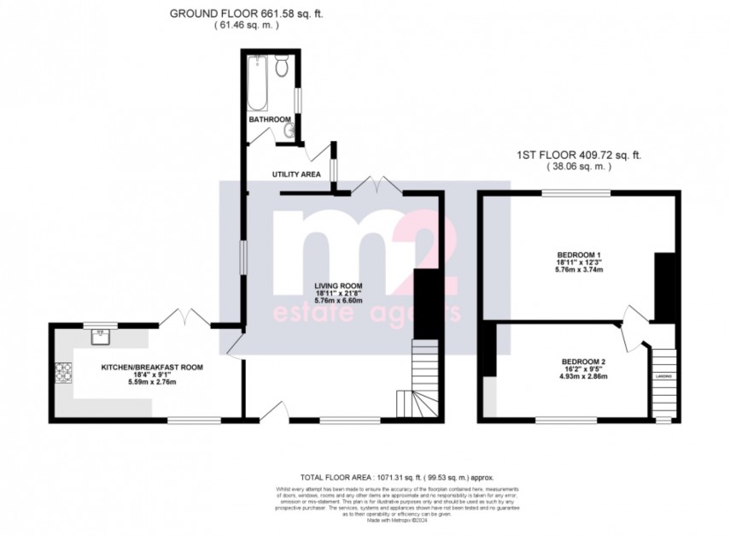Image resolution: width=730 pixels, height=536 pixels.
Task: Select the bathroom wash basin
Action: click(x=290, y=129)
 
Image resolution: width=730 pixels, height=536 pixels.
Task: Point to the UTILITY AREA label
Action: click(x=296, y=174)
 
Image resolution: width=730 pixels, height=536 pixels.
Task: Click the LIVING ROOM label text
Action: click(x=337, y=286)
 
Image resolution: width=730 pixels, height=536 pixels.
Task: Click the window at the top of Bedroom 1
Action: click(x=575, y=192)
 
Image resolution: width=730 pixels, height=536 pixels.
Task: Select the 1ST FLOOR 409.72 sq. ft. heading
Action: click(x=578, y=156)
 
